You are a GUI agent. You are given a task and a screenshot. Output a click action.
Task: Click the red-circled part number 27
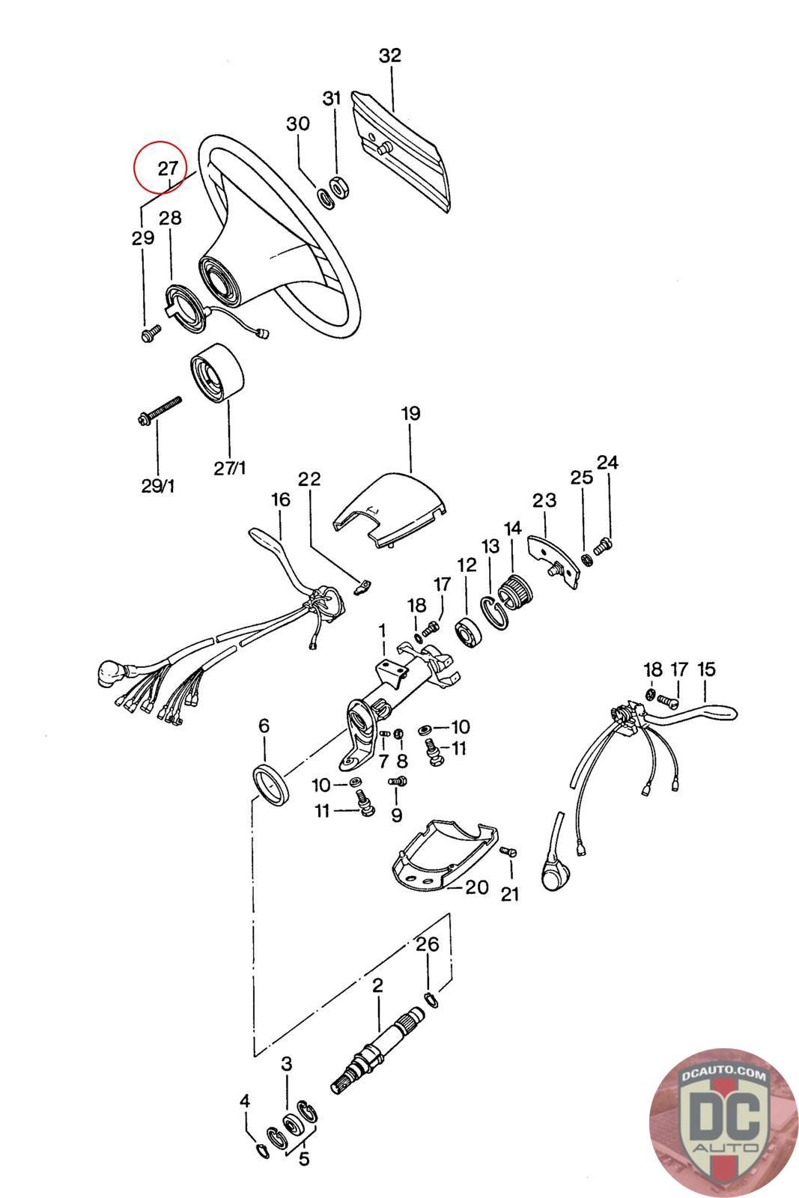click(168, 169)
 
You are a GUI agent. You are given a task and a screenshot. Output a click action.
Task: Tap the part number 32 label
click(390, 55)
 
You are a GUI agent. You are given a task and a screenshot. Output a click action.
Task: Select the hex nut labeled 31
click(338, 188)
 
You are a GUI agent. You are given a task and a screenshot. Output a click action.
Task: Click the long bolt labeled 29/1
click(159, 413)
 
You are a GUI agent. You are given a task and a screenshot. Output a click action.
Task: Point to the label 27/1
click(230, 469)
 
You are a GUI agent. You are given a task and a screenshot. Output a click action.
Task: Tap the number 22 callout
click(309, 478)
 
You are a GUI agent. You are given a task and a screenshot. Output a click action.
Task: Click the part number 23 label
click(544, 501)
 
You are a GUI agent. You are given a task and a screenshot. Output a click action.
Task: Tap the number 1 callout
click(382, 632)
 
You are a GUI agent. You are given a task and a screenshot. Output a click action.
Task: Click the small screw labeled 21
click(508, 851)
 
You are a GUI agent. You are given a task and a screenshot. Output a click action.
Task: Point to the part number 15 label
click(706, 669)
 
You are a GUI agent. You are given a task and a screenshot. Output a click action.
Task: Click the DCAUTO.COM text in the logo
click(723, 1074)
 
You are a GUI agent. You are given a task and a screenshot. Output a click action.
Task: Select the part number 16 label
click(281, 499)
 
